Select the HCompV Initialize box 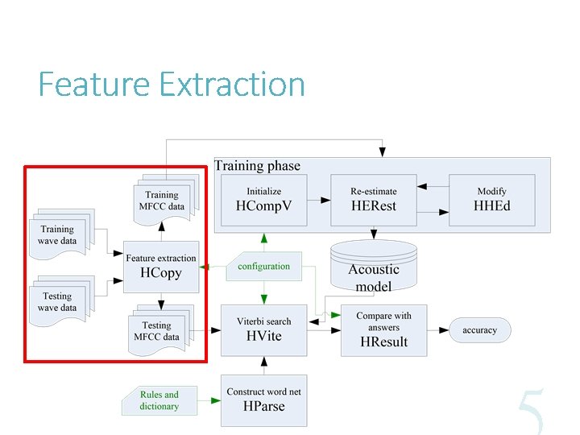click(263, 198)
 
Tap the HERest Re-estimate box click(374, 198)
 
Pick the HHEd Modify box click(491, 198)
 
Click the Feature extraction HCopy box click(160, 266)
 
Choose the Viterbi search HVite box click(263, 329)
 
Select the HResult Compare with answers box click(383, 329)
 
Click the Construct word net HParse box click(263, 400)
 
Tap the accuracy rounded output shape click(479, 330)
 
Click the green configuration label click(263, 267)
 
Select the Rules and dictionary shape click(159, 400)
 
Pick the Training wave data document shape click(60, 233)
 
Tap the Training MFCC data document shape click(163, 199)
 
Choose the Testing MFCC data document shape click(159, 330)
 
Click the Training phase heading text click(257, 166)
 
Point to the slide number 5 click(531, 412)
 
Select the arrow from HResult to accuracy click(438, 330)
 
